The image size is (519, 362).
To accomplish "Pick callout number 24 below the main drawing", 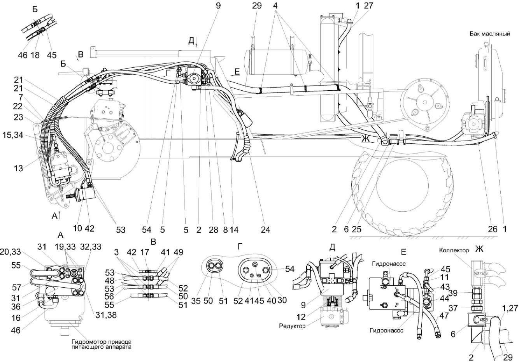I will pos(265,229).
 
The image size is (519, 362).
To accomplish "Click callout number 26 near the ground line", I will pos(493,229).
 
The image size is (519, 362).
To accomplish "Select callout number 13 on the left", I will pos(18,168).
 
